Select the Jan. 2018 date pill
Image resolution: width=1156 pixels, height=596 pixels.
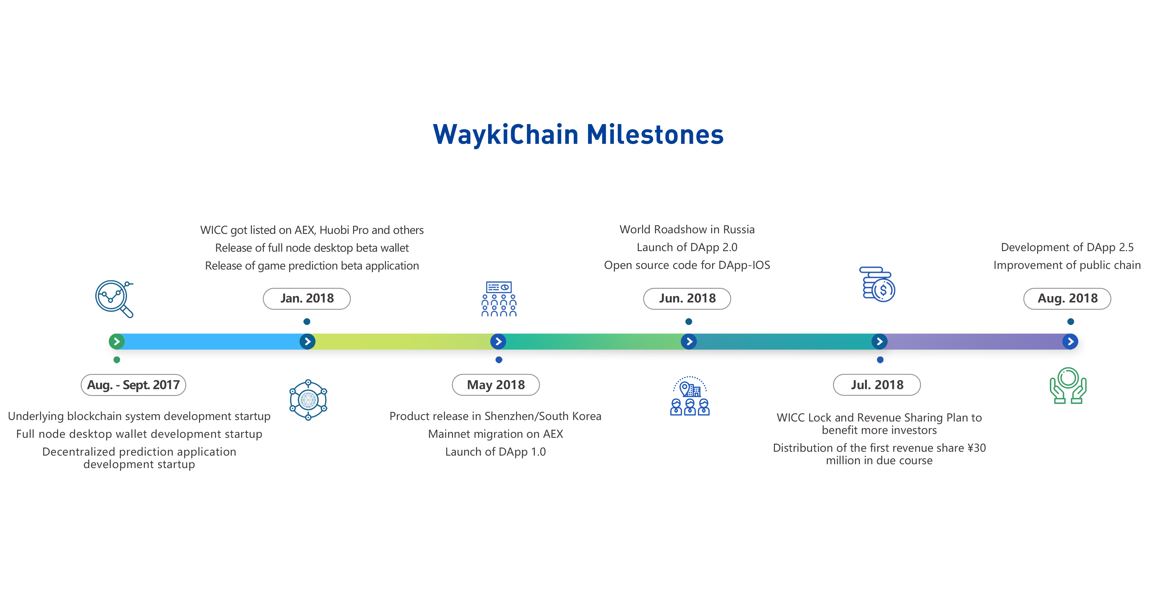(x=307, y=299)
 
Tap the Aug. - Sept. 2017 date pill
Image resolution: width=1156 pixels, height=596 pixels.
(x=133, y=385)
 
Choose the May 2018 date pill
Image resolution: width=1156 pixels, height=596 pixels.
(x=496, y=385)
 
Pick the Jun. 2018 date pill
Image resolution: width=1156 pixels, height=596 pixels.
(x=687, y=299)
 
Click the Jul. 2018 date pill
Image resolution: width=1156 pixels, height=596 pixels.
(x=877, y=385)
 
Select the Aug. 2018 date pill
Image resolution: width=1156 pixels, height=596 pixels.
(x=1067, y=299)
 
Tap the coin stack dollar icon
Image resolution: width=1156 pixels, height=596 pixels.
(x=877, y=284)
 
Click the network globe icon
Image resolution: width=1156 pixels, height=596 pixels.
(x=308, y=400)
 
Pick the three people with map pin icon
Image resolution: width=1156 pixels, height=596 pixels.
(x=690, y=396)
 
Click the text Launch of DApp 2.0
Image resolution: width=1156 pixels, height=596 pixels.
(x=687, y=248)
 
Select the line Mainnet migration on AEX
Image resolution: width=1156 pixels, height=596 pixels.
(x=496, y=434)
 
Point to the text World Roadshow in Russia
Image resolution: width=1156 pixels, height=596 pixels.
(x=687, y=229)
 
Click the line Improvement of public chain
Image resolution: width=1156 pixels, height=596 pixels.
(x=1067, y=265)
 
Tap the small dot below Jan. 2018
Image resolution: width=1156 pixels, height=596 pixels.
(x=307, y=321)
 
